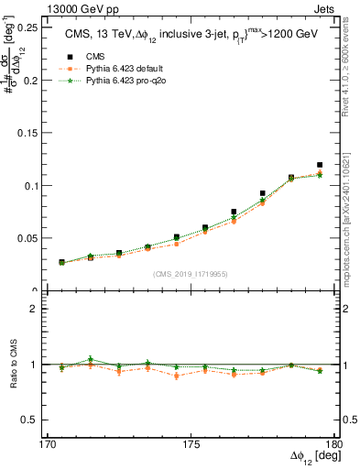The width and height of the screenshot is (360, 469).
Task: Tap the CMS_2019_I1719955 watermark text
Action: click(x=191, y=273)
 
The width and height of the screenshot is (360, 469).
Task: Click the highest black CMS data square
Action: click(x=319, y=165)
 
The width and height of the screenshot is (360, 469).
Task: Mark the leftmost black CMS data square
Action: click(x=61, y=262)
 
